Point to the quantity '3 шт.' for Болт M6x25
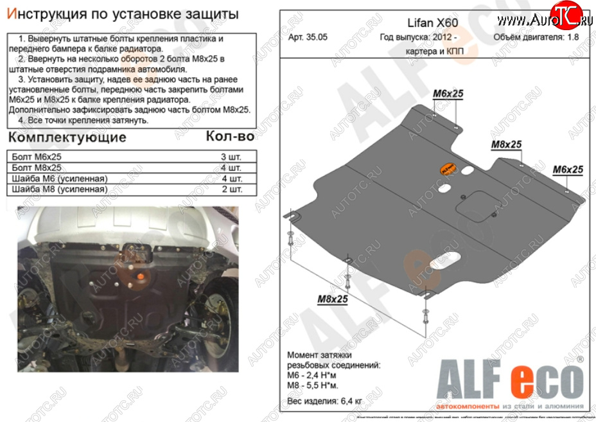[231, 157]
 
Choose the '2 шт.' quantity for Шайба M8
[231, 189]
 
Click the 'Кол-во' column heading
[230, 136]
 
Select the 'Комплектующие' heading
[67, 137]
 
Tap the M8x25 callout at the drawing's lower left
[332, 299]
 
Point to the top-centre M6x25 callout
[448, 94]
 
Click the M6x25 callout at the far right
[568, 170]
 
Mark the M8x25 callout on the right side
[507, 145]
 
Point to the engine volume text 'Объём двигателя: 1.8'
[535, 37]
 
